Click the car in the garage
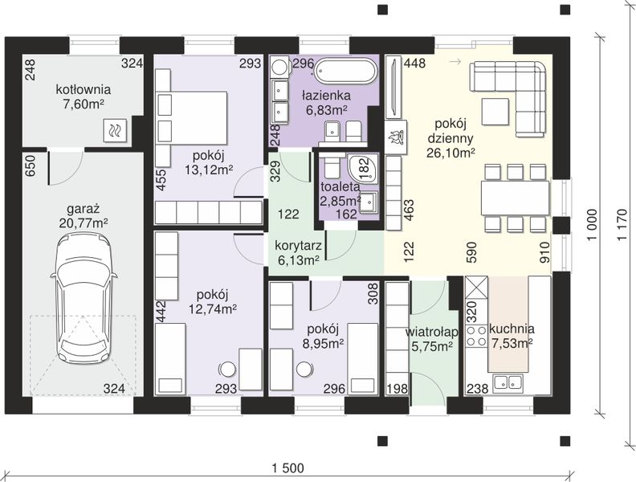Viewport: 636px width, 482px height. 84,297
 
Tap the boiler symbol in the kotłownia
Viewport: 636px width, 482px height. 116,130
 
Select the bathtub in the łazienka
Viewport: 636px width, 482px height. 346,71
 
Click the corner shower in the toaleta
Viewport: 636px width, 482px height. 363,168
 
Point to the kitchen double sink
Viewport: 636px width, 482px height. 508,382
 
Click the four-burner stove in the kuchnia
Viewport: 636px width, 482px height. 475,337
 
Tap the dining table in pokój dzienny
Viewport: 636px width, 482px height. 515,198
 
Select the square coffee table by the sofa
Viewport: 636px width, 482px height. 495,111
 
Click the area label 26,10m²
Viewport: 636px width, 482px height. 450,153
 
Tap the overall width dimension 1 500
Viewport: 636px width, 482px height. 287,468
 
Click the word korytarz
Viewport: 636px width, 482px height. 298,246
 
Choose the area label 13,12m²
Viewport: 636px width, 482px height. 209,170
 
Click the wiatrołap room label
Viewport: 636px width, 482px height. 431,333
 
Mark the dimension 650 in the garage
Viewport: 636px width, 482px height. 30,166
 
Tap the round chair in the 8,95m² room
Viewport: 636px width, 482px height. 304,369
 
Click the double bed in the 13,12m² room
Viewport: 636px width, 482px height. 191,116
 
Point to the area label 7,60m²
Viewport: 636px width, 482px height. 84,104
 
